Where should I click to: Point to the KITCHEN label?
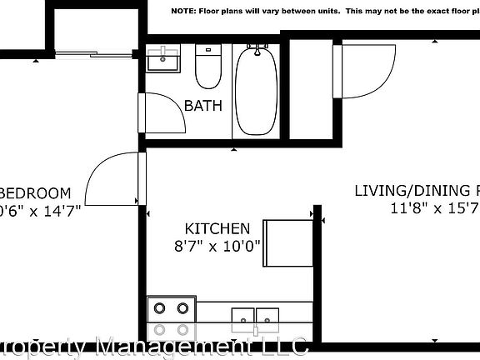click(217, 228)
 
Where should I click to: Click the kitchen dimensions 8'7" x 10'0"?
click(217, 246)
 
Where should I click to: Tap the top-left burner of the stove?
click(160, 307)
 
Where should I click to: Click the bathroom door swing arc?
click(165, 112)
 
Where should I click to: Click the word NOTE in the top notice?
click(185, 12)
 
